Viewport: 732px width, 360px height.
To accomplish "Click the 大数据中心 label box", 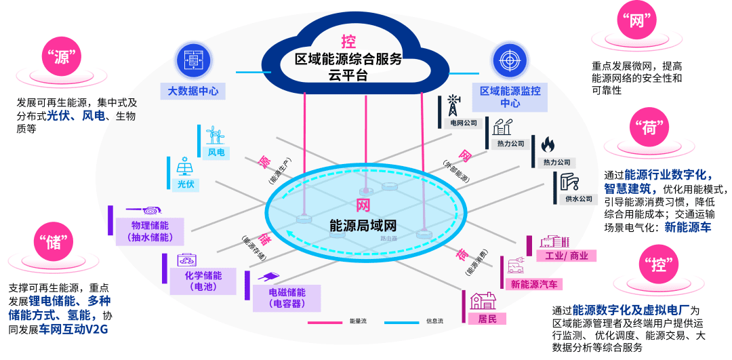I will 193,90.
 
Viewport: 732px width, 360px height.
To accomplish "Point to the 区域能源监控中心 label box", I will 510,97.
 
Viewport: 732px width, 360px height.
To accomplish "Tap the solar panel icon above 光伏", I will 184,167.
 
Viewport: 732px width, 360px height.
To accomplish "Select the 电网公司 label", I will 464,123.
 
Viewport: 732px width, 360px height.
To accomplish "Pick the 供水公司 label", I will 577,199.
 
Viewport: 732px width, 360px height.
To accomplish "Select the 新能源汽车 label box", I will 534,284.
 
